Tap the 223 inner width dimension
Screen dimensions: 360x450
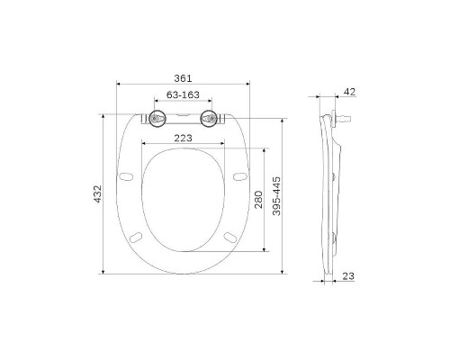click(184, 138)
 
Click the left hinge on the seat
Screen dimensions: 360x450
click(158, 118)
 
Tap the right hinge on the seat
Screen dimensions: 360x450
click(211, 118)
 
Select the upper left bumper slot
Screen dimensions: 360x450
click(127, 175)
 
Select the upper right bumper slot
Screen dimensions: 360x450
click(239, 175)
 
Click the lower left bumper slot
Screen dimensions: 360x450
click(137, 236)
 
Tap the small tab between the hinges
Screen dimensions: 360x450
click(184, 115)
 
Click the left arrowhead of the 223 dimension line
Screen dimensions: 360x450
click(144, 144)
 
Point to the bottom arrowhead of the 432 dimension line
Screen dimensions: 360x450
click(105, 271)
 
